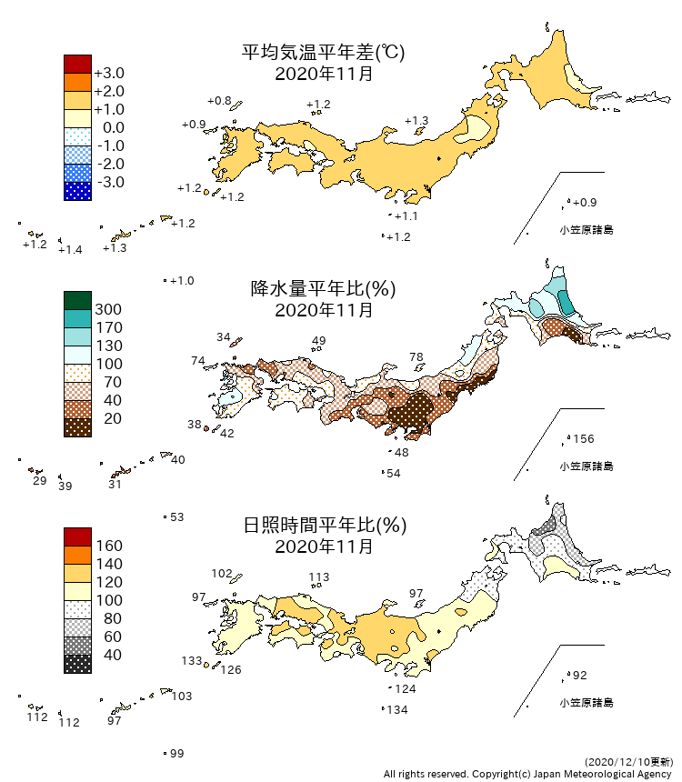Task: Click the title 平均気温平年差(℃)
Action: [x=323, y=53]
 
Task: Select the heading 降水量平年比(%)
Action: [x=323, y=289]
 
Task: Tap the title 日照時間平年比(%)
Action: [x=323, y=526]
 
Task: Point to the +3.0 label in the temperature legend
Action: [x=109, y=73]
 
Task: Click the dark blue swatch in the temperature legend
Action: [x=77, y=191]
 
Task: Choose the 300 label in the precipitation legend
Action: [x=108, y=309]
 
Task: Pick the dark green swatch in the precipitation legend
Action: [x=77, y=300]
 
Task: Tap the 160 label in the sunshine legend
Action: [x=108, y=546]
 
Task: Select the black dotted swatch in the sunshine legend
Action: [x=77, y=664]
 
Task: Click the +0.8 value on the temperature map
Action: [x=219, y=100]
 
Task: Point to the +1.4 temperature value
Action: [x=70, y=250]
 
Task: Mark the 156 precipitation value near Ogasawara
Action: [x=583, y=439]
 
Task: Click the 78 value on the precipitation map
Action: [x=416, y=357]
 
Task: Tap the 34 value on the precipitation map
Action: [x=224, y=337]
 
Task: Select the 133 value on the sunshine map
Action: [x=191, y=661]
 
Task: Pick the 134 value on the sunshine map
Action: [x=397, y=710]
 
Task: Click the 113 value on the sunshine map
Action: [x=319, y=576]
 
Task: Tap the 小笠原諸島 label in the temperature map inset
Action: [x=586, y=230]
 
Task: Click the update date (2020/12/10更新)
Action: [x=627, y=761]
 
